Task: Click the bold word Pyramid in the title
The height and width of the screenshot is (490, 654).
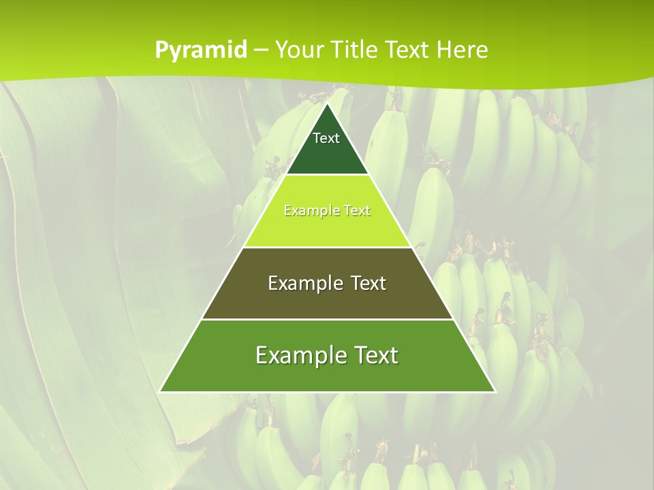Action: [x=201, y=50]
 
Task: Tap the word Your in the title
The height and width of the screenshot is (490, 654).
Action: [x=300, y=50]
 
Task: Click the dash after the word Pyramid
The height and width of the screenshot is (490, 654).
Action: [x=261, y=50]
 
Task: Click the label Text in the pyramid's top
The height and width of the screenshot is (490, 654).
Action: [x=326, y=138]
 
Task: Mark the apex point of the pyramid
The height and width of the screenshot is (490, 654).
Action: [x=327, y=104]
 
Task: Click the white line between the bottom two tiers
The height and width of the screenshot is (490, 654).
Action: [x=327, y=319]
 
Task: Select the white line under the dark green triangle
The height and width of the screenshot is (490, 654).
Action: [x=327, y=175]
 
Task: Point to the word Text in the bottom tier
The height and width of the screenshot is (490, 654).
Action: [x=374, y=355]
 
